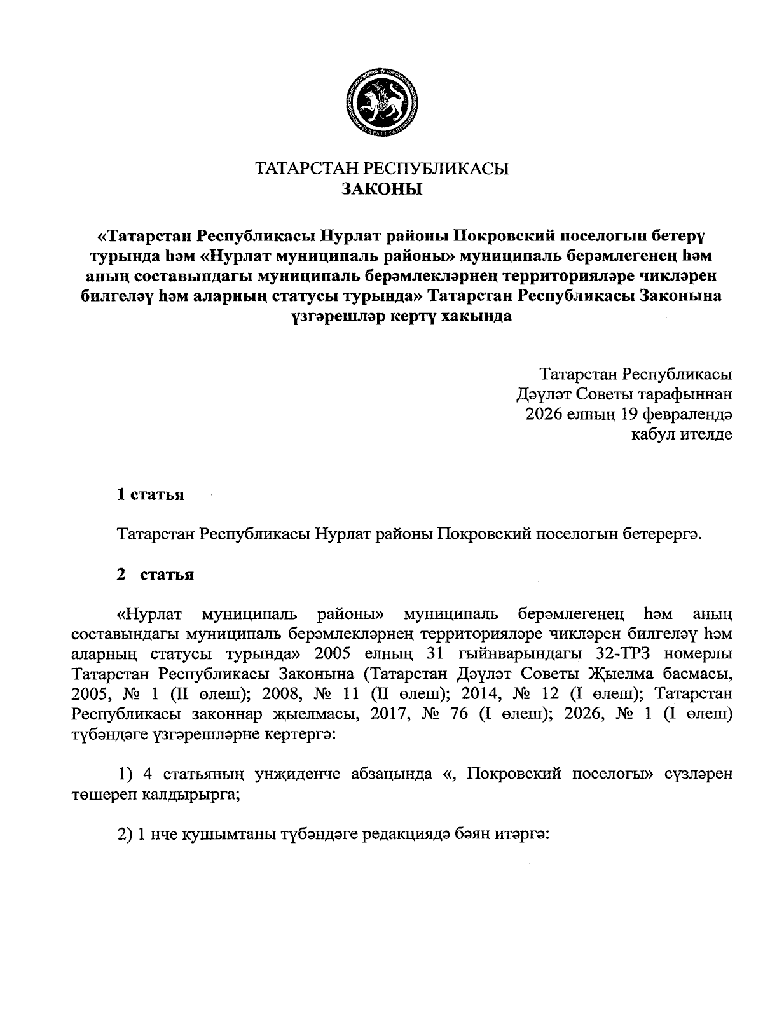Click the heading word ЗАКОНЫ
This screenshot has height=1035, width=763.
click(381, 189)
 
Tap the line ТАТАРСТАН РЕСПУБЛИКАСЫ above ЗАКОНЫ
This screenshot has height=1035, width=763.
click(381, 169)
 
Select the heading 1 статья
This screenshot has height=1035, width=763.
click(151, 494)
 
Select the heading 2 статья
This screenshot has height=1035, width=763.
click(155, 574)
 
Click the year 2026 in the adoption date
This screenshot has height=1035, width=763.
click(544, 414)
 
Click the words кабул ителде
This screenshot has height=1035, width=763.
click(681, 434)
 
